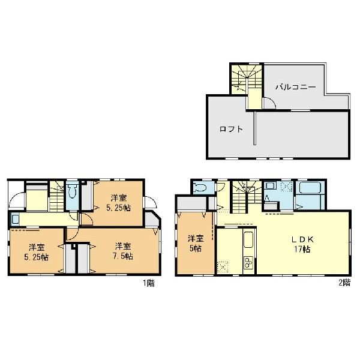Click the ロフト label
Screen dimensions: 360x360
[231, 129]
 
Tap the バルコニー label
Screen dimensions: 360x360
[296, 87]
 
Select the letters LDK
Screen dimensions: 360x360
[302, 239]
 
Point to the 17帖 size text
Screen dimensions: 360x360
[302, 250]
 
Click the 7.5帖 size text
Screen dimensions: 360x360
[123, 256]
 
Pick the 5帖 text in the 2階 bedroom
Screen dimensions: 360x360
[196, 248]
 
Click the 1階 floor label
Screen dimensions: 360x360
[149, 283]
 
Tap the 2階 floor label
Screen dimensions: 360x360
[344, 283]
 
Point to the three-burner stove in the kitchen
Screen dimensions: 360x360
[248, 262]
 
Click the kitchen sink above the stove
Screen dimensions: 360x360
[248, 239]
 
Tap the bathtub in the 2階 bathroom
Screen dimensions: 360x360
[310, 188]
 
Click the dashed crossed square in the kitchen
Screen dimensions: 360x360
[222, 267]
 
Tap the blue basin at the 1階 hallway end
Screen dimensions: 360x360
[16, 219]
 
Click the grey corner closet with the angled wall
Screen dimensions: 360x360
[152, 219]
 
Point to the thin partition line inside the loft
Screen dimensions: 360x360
[254, 128]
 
